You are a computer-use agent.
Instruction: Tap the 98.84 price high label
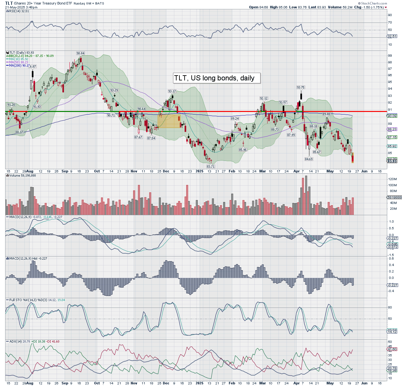coord(80,53)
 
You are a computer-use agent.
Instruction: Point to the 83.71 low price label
coord(211,166)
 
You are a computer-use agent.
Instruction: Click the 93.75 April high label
coord(301,87)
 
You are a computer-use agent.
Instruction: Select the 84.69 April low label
coord(309,159)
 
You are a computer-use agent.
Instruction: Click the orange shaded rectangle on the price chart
coord(169,121)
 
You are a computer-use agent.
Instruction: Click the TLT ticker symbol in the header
coord(9,3)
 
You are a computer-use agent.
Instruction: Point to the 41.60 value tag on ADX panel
coord(392,349)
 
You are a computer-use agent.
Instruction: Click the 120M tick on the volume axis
coord(392,179)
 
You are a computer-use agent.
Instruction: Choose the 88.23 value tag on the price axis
coord(392,129)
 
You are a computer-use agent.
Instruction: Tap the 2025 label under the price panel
coord(199,171)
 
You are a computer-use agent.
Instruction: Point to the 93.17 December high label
coord(172,91)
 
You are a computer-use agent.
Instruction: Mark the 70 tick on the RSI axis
coord(390,23)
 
